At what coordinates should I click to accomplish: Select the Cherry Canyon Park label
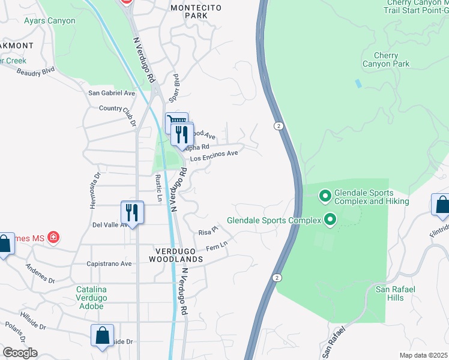tap(386, 59)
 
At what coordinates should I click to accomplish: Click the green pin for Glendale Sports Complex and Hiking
tap(325, 196)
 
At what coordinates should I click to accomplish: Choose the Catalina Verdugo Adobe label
tap(90, 298)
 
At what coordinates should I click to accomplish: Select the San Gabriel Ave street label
tap(112, 93)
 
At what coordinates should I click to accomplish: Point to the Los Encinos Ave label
tap(214, 156)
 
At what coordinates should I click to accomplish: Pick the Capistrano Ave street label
tap(109, 263)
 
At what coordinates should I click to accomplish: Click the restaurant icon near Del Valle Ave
tap(132, 212)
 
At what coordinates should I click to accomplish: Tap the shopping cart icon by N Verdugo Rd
tap(176, 122)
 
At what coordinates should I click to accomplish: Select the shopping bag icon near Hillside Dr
tap(102, 335)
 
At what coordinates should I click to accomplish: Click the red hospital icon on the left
tap(54, 238)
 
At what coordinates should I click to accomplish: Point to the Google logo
tap(19, 353)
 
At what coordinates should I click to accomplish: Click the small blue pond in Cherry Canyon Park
tap(358, 83)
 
